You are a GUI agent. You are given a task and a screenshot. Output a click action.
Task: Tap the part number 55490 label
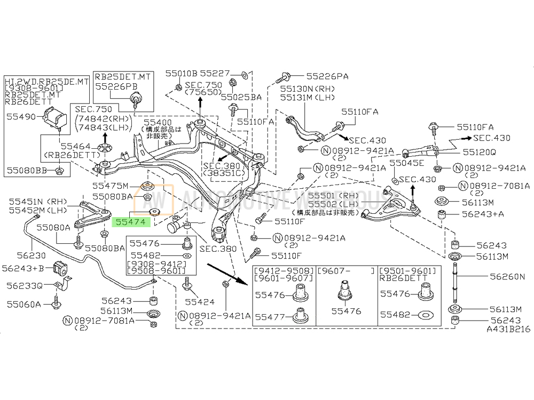click(x=19, y=115)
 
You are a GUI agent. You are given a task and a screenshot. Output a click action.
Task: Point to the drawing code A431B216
click(x=508, y=330)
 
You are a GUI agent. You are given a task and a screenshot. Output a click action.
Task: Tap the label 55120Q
click(x=479, y=151)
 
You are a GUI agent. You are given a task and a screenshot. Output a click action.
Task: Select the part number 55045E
click(x=406, y=163)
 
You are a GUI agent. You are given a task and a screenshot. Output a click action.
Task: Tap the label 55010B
click(x=181, y=73)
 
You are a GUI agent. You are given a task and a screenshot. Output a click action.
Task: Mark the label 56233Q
click(x=25, y=285)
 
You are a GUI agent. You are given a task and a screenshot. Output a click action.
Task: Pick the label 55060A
click(x=24, y=304)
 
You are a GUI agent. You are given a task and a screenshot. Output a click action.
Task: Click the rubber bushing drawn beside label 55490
click(x=54, y=117)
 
